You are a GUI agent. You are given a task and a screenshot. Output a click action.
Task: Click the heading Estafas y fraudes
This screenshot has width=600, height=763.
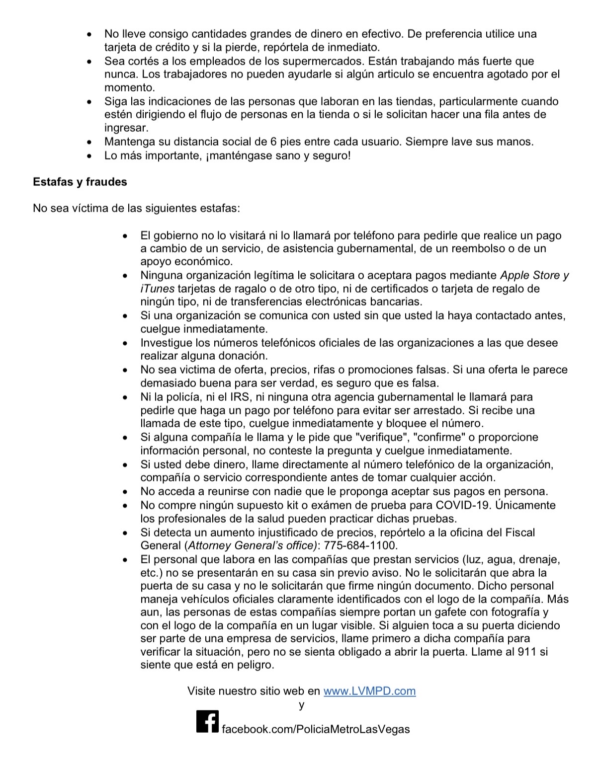click(80, 182)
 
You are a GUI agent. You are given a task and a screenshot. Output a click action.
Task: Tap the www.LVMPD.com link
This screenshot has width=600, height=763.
click(369, 691)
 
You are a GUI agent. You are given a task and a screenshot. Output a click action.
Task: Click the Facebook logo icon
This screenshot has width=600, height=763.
click(207, 722)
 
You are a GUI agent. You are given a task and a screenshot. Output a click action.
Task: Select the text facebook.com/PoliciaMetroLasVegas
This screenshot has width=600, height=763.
click(316, 729)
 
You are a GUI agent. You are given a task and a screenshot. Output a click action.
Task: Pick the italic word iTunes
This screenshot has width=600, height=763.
click(157, 289)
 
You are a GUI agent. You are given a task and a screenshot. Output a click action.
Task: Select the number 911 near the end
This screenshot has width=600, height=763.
click(527, 652)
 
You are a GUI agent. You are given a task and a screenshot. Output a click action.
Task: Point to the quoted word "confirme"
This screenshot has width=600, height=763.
click(438, 437)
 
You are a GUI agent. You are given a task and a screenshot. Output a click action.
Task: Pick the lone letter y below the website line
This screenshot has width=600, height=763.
click(301, 705)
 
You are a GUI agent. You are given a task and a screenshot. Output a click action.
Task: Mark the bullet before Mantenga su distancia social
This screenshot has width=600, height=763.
click(89, 142)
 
